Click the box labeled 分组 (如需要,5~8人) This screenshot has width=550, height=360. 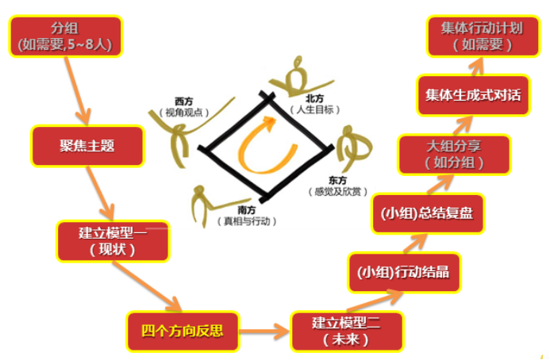pyautogui.click(x=66, y=36)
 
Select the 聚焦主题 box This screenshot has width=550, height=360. pyautogui.click(x=87, y=145)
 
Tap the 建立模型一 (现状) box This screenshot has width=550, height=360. pyautogui.click(x=113, y=241)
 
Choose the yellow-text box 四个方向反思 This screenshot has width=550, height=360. pyautogui.click(x=183, y=331)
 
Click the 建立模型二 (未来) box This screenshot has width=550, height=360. pyautogui.click(x=347, y=331)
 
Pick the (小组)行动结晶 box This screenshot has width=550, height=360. pyautogui.click(x=404, y=272)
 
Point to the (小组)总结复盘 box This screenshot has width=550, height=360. pyautogui.click(x=428, y=213)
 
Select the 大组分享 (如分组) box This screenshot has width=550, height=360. pyautogui.click(x=454, y=155)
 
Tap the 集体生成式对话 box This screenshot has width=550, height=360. pyautogui.click(x=473, y=95)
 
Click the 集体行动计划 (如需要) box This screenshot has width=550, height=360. pyautogui.click(x=483, y=36)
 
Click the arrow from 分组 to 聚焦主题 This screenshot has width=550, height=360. pyautogui.click(x=77, y=90)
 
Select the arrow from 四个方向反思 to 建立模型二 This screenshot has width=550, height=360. pyautogui.click(x=264, y=331)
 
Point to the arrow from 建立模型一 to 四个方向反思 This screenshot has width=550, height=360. pyautogui.click(x=147, y=286)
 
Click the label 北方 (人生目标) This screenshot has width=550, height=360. pyautogui.click(x=314, y=104)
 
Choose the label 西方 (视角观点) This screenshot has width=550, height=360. pyautogui.click(x=184, y=107)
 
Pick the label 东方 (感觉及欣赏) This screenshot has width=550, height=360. pyautogui.click(x=338, y=186)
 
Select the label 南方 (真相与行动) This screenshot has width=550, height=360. pyautogui.click(x=247, y=216)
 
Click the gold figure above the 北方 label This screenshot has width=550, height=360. pyautogui.click(x=298, y=78)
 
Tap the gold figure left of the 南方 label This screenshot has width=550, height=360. pyautogui.click(x=207, y=205)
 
